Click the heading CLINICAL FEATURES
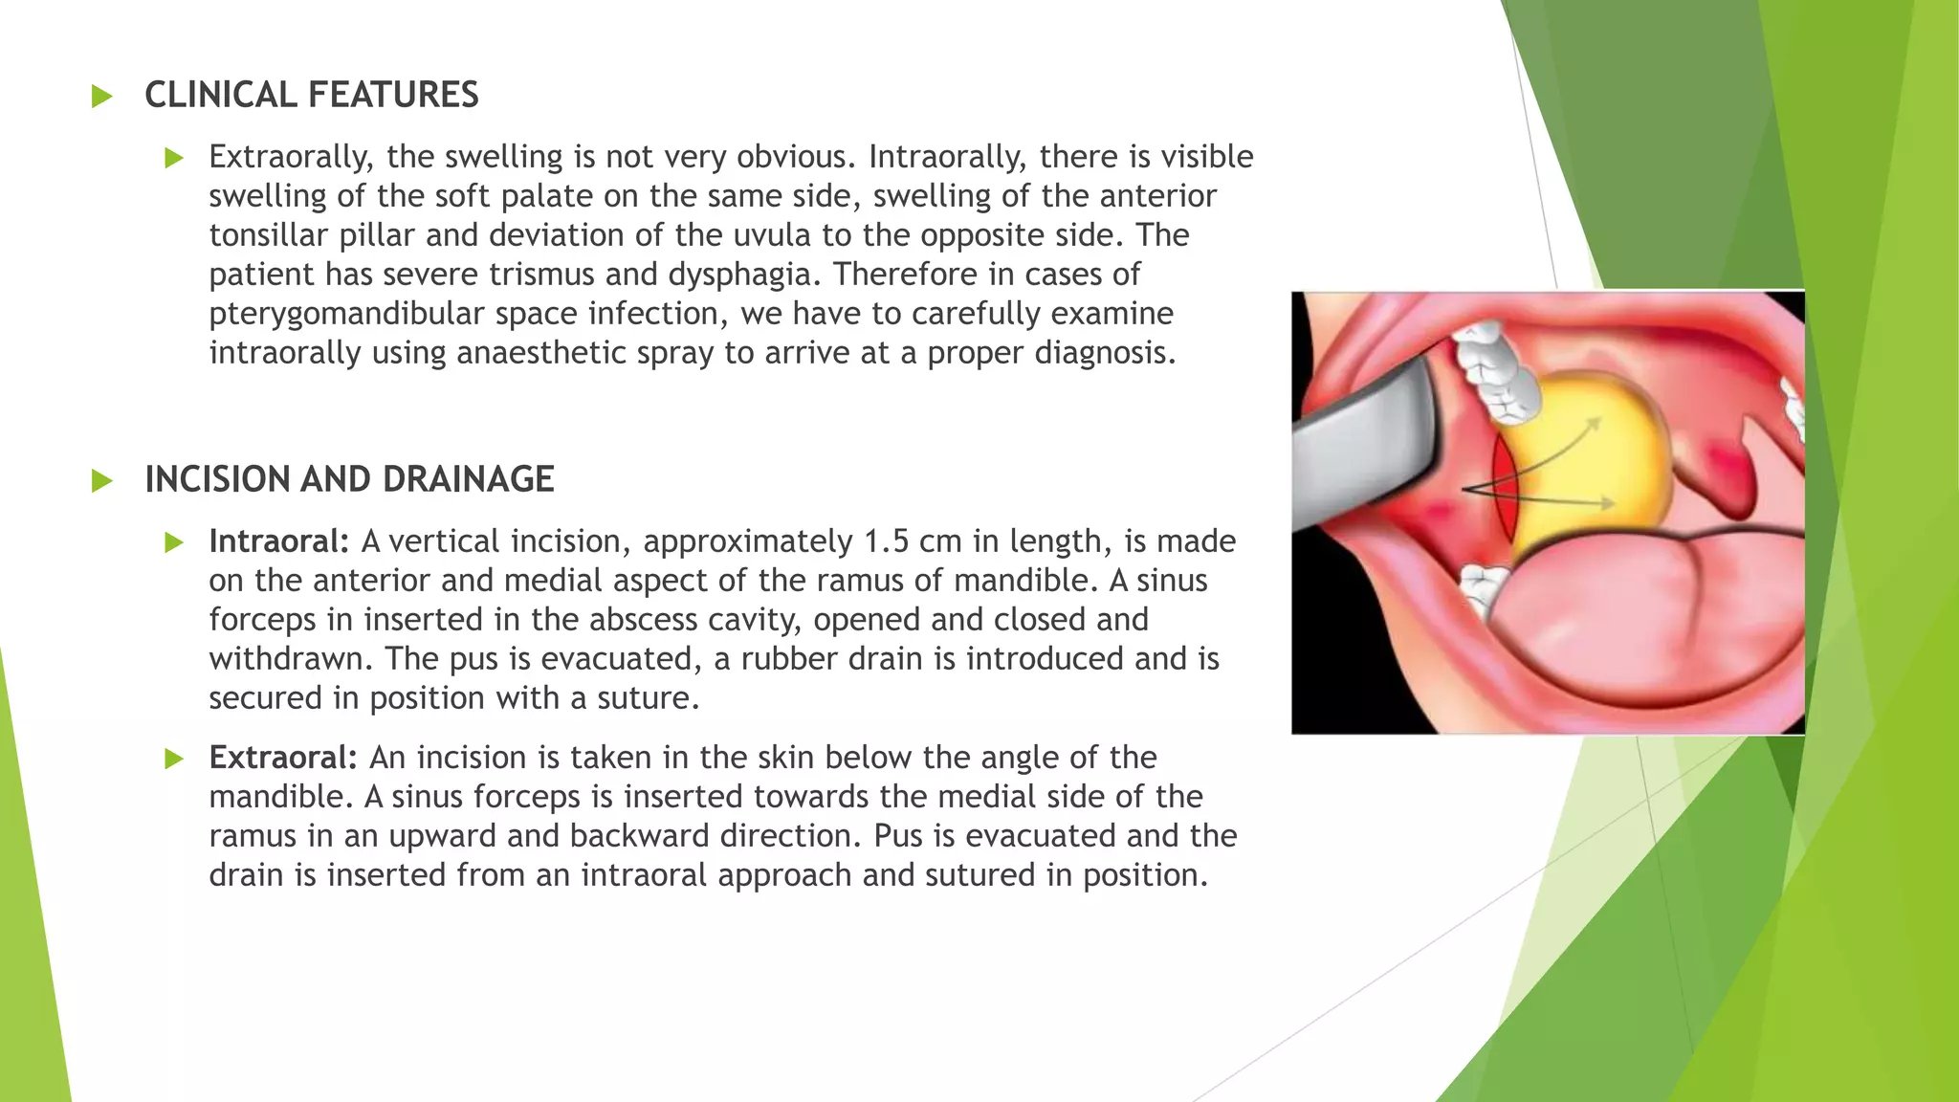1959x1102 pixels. (311, 96)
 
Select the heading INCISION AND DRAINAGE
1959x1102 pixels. (349, 480)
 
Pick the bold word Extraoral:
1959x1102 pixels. (283, 758)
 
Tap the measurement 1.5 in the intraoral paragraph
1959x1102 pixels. (886, 541)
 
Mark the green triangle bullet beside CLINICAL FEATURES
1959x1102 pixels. (101, 97)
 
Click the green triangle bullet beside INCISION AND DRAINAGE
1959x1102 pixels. (101, 481)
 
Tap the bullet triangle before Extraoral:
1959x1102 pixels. (173, 760)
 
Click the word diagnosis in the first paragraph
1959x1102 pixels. (1104, 353)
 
